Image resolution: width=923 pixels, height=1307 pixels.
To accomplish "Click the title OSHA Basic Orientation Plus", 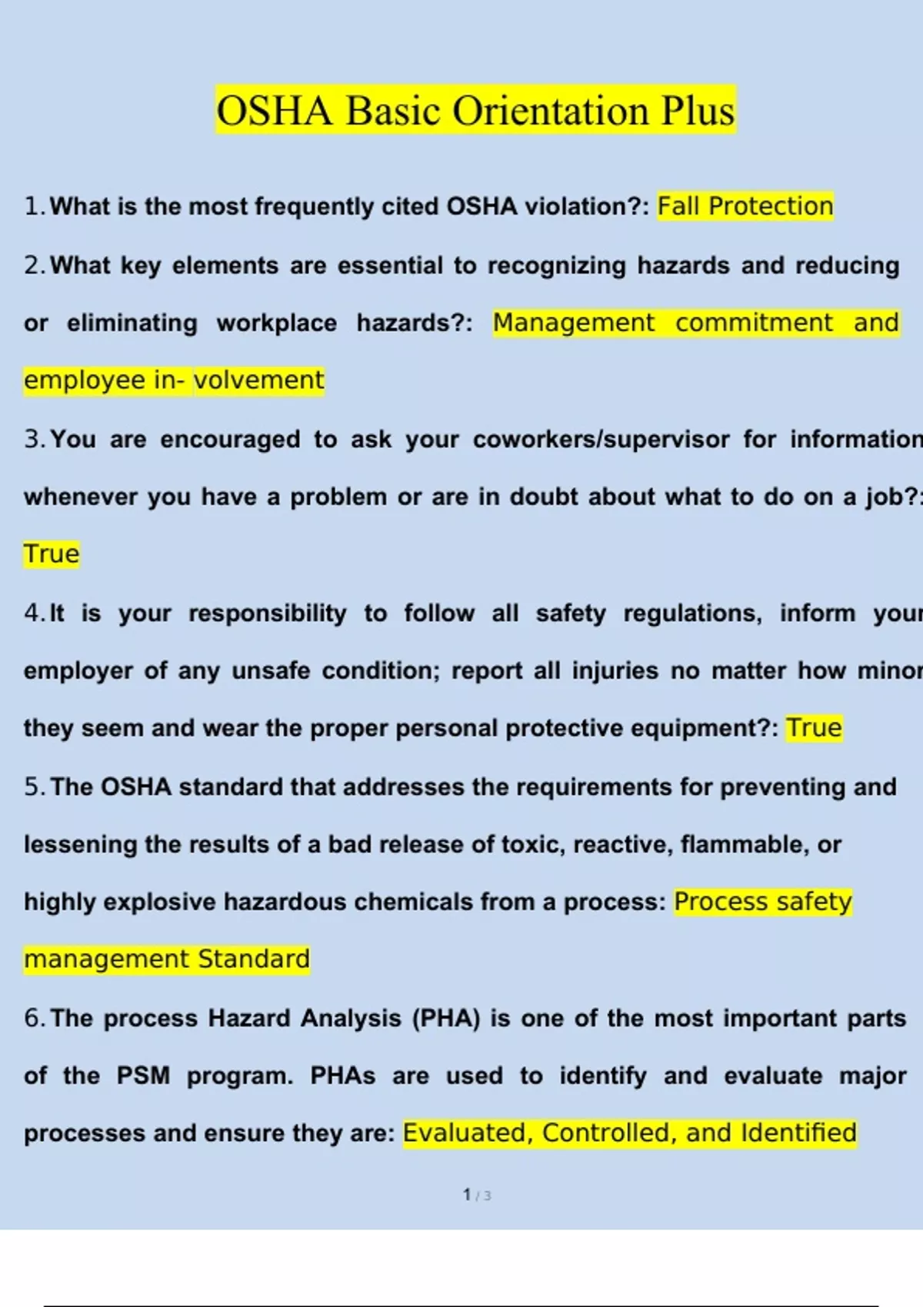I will [x=475, y=111].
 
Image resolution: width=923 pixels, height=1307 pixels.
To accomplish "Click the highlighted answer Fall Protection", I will [x=745, y=206].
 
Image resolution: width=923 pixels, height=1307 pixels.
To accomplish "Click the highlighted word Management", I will [x=574, y=323].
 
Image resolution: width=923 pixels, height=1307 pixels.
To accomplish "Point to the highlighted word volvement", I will [x=259, y=381].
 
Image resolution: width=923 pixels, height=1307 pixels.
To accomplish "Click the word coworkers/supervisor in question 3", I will [x=601, y=439].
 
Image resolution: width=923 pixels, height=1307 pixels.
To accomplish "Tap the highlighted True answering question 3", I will [x=52, y=554].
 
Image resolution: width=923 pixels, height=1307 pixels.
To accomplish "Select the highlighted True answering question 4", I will [x=814, y=728].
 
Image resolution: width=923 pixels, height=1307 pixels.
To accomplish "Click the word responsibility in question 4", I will [x=267, y=613].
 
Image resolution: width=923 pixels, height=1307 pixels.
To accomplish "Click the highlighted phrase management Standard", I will [x=166, y=959].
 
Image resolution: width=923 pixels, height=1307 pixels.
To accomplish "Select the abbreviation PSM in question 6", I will [x=143, y=1076].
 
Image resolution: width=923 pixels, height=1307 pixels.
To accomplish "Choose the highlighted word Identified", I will [x=798, y=1133].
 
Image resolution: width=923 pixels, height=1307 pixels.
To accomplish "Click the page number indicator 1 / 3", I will [x=477, y=1195].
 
